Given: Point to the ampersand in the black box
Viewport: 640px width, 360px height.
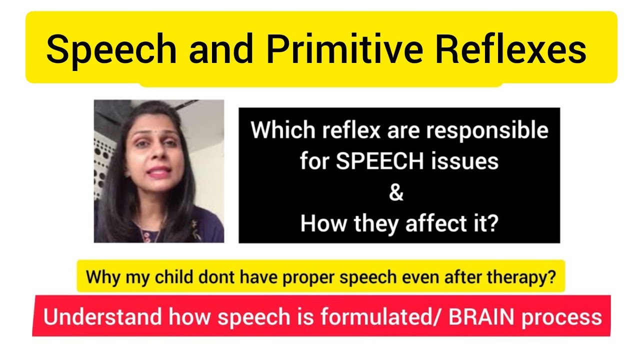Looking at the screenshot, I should click(x=396, y=193).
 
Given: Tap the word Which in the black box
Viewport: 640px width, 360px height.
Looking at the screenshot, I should click(x=278, y=130).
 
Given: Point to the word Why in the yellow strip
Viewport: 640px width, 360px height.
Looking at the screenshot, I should click(x=99, y=277).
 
